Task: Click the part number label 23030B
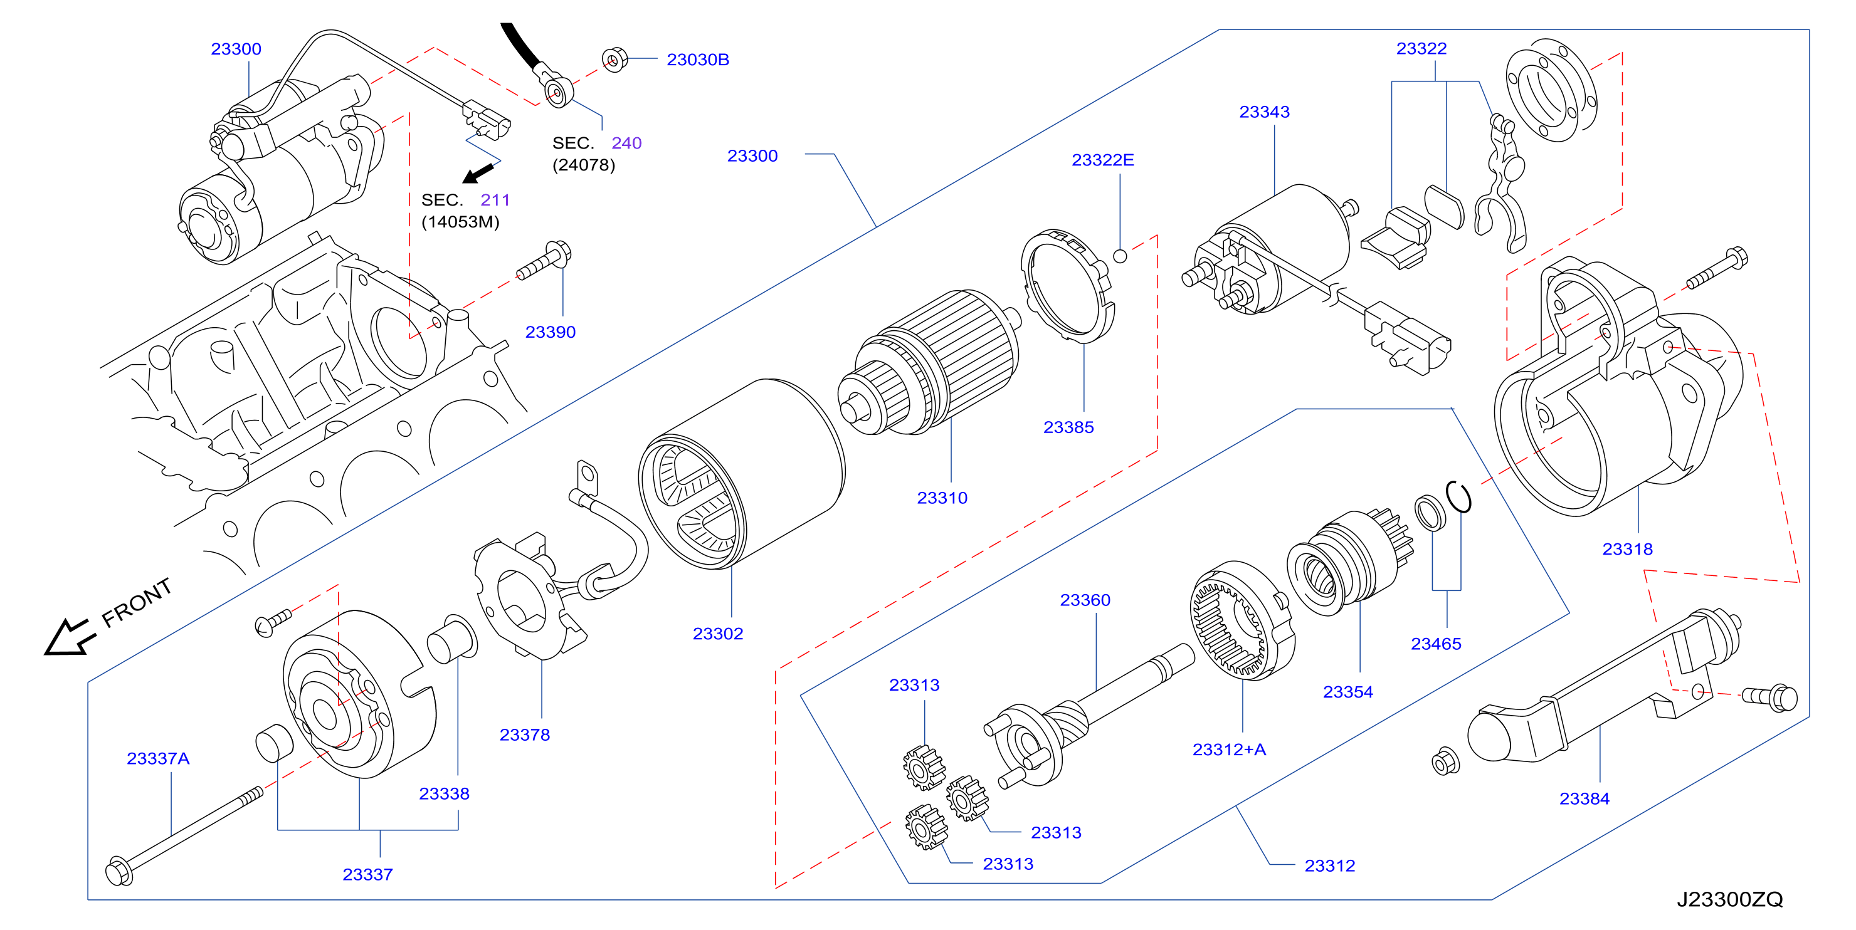point(697,60)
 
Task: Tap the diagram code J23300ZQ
point(1730,899)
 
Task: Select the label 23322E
point(1102,160)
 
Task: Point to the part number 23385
point(1068,427)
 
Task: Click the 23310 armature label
point(942,498)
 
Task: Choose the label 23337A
point(158,758)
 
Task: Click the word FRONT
point(137,602)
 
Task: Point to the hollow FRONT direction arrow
point(69,637)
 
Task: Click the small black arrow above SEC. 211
point(478,174)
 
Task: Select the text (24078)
point(584,165)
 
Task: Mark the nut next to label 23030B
point(614,59)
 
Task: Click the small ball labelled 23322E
point(1120,256)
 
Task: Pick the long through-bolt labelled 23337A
point(184,835)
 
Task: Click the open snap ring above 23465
point(1458,497)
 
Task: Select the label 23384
point(1584,799)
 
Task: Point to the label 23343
point(1265,112)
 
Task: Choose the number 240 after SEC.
point(626,144)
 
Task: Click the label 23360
point(1085,600)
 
